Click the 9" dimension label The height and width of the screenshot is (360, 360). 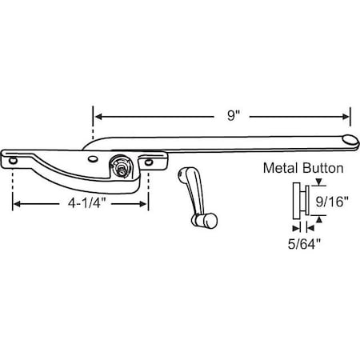point(233,115)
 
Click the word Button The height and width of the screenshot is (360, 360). point(324,169)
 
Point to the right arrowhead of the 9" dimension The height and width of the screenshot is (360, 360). point(347,114)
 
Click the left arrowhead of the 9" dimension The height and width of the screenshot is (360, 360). point(97,114)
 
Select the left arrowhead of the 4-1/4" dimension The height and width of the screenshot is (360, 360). point(17,204)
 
